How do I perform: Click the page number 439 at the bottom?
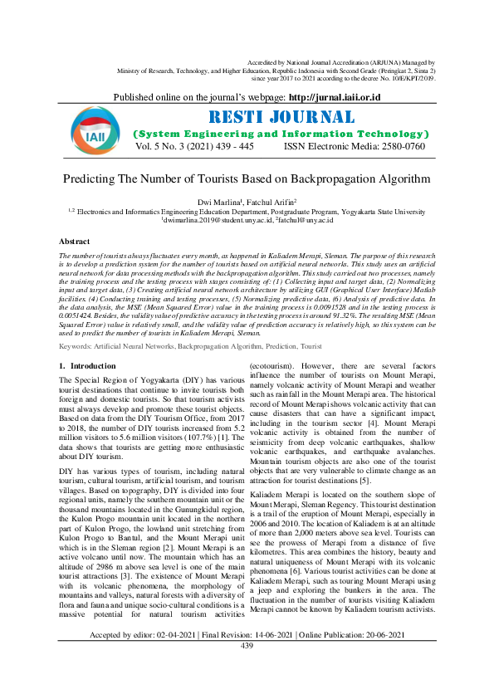247,692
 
